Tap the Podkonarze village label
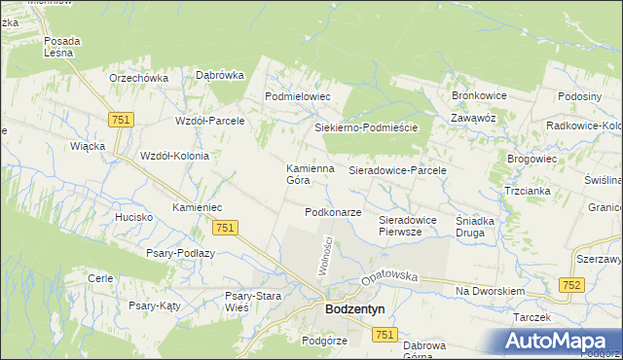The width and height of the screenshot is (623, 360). [x=333, y=212]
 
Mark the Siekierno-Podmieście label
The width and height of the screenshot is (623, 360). [x=365, y=127]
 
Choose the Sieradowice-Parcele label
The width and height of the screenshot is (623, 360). [x=397, y=170]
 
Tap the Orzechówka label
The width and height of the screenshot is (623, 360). [x=139, y=78]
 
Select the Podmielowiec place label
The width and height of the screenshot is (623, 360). [x=299, y=97]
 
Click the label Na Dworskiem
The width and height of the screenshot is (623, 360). [x=490, y=291]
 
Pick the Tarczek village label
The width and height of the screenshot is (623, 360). [x=532, y=317]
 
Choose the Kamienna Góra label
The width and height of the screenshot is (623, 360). [x=310, y=173]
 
